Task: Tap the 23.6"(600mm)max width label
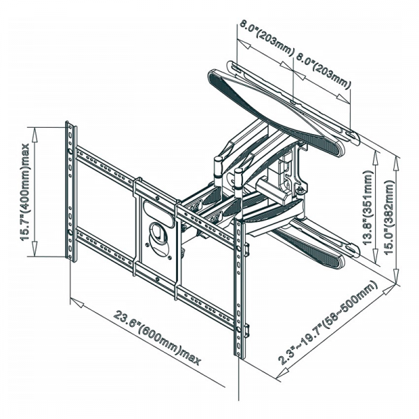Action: tap(156, 339)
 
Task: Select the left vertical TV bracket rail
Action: tap(71, 189)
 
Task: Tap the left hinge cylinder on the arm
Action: tap(217, 170)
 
